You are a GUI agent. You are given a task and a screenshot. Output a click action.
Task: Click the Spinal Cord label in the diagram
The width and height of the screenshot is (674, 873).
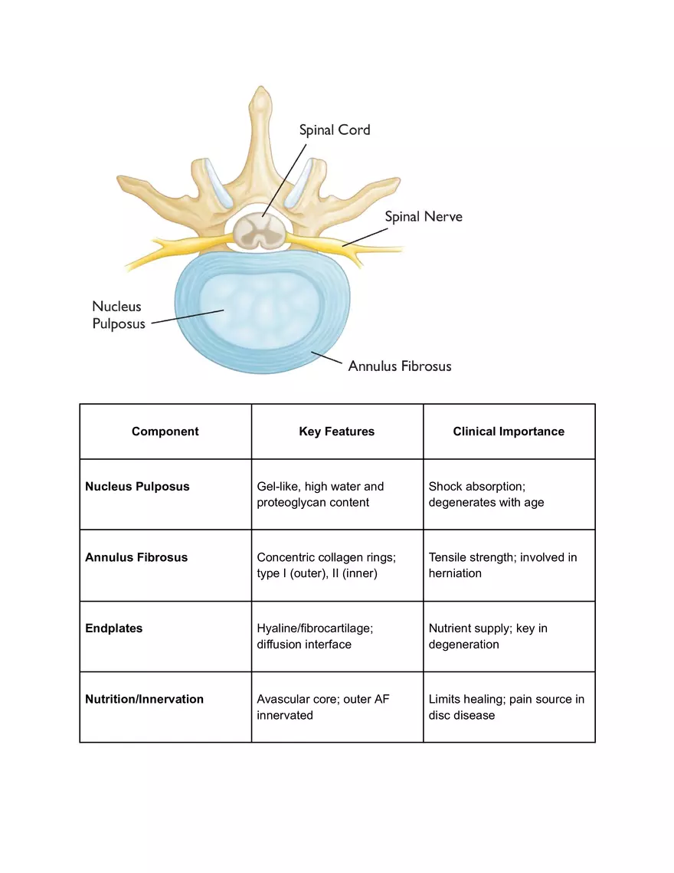[x=334, y=130]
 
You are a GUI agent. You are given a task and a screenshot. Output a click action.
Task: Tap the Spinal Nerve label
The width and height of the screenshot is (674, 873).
[x=423, y=216]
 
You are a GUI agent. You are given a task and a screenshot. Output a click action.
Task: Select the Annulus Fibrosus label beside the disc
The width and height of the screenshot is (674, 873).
[x=399, y=366]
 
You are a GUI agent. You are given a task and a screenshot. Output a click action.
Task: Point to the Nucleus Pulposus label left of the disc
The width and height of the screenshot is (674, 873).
[x=118, y=315]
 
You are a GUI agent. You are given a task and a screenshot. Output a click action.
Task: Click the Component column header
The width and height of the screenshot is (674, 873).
[x=165, y=432]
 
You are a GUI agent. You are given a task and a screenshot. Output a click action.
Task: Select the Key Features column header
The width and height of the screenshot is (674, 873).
[x=336, y=432]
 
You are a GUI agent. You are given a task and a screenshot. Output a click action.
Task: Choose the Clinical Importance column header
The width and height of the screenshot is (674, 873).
[x=509, y=432]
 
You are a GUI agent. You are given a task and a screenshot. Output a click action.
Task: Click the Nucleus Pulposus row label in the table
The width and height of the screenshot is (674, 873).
[x=137, y=487]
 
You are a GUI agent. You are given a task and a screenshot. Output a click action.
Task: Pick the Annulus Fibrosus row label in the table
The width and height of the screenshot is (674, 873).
[x=136, y=557]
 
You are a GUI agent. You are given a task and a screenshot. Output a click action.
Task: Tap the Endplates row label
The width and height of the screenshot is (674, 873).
[x=113, y=628]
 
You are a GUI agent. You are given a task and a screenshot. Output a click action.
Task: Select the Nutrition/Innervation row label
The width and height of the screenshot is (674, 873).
[x=144, y=699]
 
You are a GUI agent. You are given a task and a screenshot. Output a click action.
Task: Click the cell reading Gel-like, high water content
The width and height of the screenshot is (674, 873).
[x=320, y=494]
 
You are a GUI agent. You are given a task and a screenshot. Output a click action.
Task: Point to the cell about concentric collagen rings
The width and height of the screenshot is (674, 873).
[x=326, y=565]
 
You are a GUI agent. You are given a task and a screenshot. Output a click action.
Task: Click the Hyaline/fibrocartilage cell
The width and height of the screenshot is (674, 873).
[x=315, y=636]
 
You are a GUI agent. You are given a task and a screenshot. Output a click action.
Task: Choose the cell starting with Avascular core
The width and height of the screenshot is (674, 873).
[x=323, y=707]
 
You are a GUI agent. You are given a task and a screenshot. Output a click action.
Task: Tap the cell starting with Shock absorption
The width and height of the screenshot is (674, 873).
[x=486, y=494]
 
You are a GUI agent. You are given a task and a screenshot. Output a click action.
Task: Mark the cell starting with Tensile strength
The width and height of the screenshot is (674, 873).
[x=502, y=565]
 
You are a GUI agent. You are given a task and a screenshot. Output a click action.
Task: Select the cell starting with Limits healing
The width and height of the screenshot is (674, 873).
[x=506, y=707]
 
